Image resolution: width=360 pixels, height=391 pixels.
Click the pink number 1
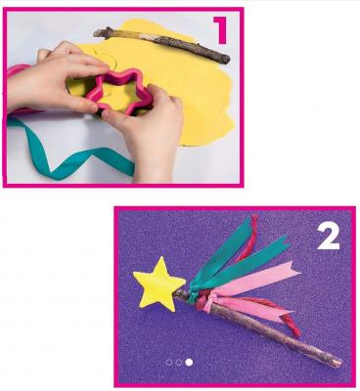coord(221,30)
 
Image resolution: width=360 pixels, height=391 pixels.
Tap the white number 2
coord(329,236)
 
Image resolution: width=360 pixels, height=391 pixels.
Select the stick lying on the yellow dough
coord(161,44)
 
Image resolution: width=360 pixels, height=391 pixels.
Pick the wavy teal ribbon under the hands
coord(70,153)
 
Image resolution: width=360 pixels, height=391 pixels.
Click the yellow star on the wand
coord(158,282)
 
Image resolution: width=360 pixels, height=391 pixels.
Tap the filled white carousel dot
coord(189,363)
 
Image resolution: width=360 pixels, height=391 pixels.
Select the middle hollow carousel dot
coord(179,363)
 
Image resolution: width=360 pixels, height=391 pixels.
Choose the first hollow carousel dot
coord(168,363)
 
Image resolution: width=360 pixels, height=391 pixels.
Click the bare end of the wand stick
coord(338,364)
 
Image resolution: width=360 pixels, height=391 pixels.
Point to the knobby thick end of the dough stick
coord(99,33)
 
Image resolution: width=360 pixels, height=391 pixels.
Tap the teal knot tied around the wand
coord(193,290)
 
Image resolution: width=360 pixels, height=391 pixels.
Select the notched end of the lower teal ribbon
coord(285,241)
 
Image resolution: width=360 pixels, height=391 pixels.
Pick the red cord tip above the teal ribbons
coord(253,218)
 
